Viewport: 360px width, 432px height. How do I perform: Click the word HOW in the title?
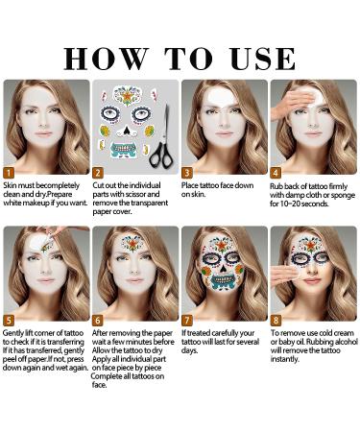(107, 59)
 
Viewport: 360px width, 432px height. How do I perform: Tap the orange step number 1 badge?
(9, 173)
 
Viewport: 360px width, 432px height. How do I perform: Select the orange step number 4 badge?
(276, 173)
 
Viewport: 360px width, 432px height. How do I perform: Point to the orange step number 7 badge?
(186, 320)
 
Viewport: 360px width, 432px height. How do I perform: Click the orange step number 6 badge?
(98, 320)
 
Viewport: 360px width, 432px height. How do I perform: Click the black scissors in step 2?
(162, 136)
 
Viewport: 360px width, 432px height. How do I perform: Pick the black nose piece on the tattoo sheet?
(127, 131)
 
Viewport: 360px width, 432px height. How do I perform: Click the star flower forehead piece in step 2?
(128, 95)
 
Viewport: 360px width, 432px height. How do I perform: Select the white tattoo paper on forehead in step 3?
(221, 95)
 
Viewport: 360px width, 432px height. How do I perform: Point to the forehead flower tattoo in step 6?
(132, 244)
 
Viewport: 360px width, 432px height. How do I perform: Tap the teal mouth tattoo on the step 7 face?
(223, 281)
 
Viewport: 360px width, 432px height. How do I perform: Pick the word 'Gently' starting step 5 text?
(12, 333)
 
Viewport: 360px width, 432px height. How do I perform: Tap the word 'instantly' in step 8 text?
(285, 359)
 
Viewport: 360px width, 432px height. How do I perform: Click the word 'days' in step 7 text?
(189, 350)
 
